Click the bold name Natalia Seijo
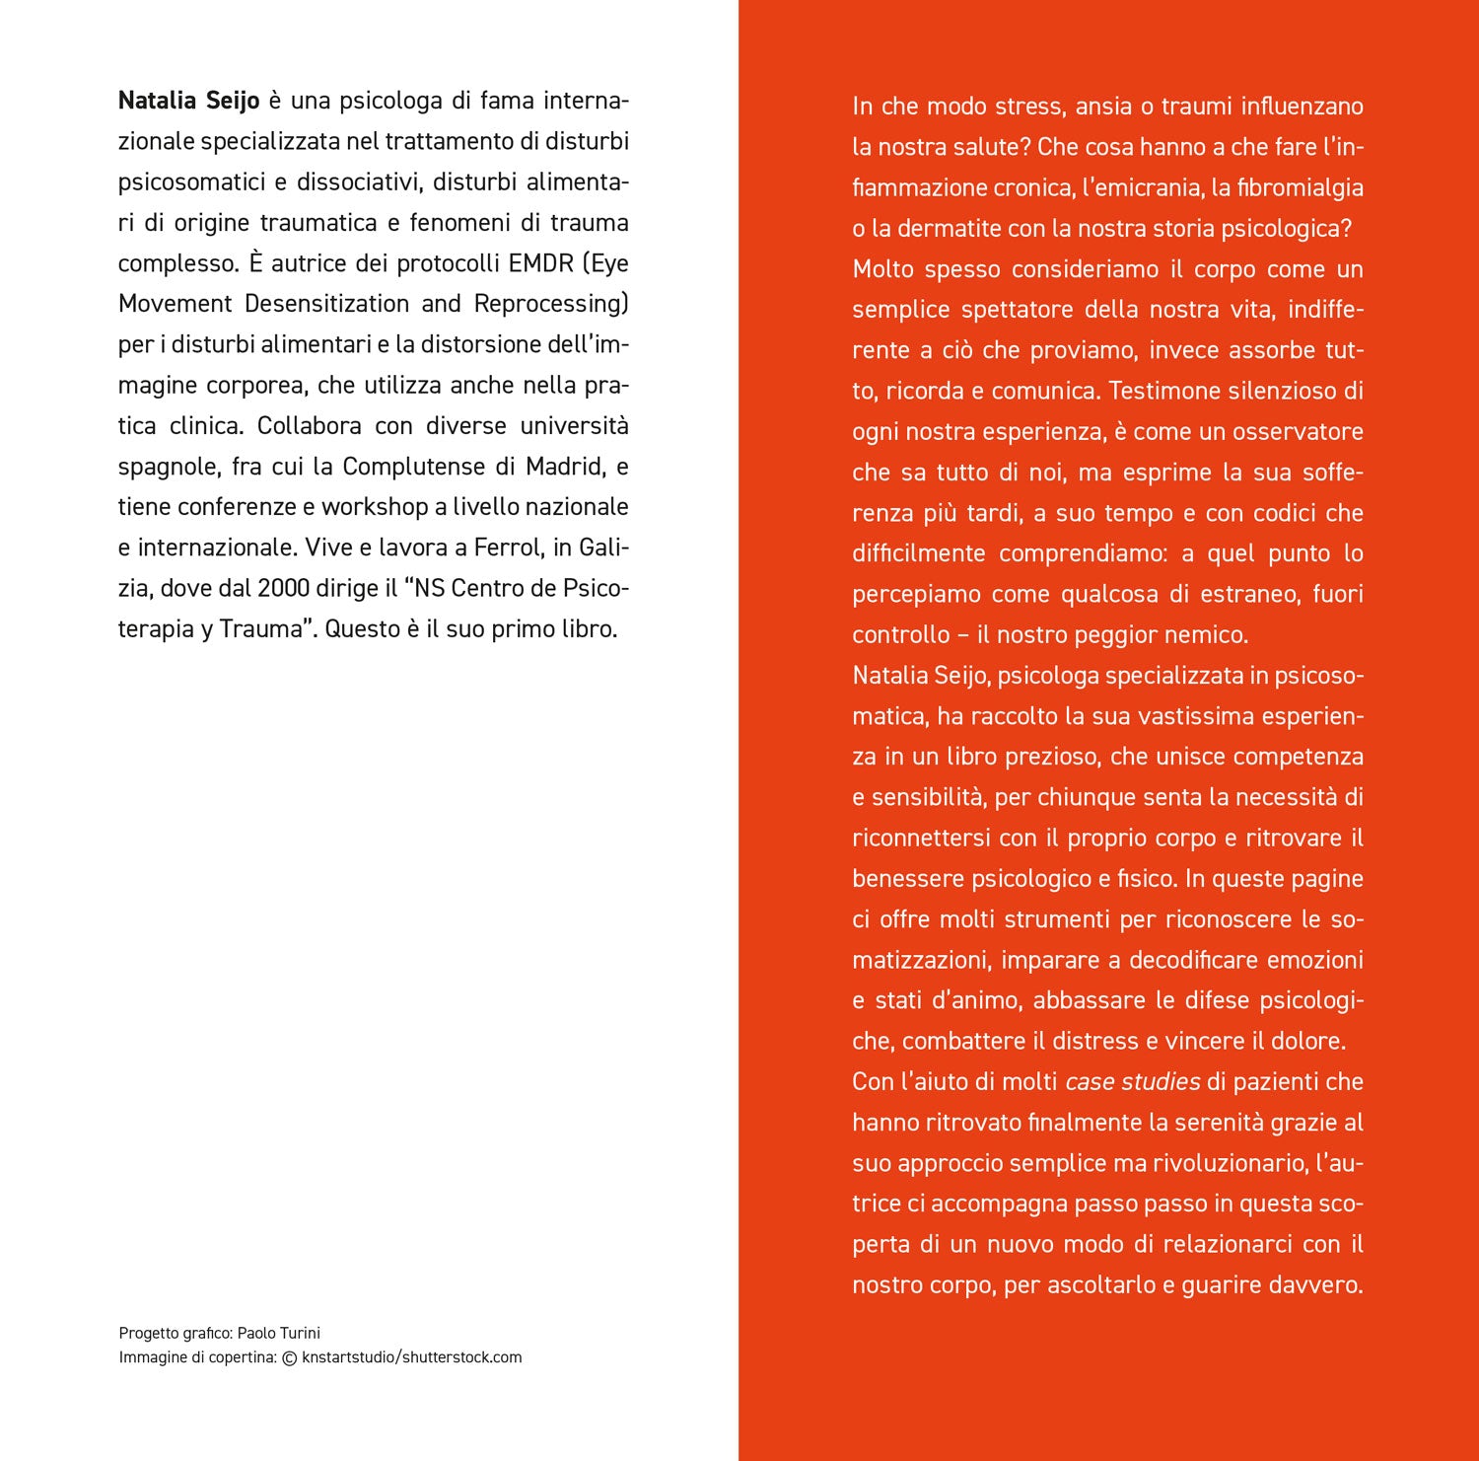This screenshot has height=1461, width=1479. [188, 101]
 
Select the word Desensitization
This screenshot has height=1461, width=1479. [326, 304]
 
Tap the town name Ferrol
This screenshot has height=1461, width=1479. [509, 548]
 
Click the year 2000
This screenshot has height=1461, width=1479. [283, 588]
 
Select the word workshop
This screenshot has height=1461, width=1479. [374, 507]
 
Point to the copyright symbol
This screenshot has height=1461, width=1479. [289, 1357]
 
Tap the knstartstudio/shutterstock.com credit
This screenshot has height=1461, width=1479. [412, 1357]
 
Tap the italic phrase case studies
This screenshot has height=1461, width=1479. [1132, 1082]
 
